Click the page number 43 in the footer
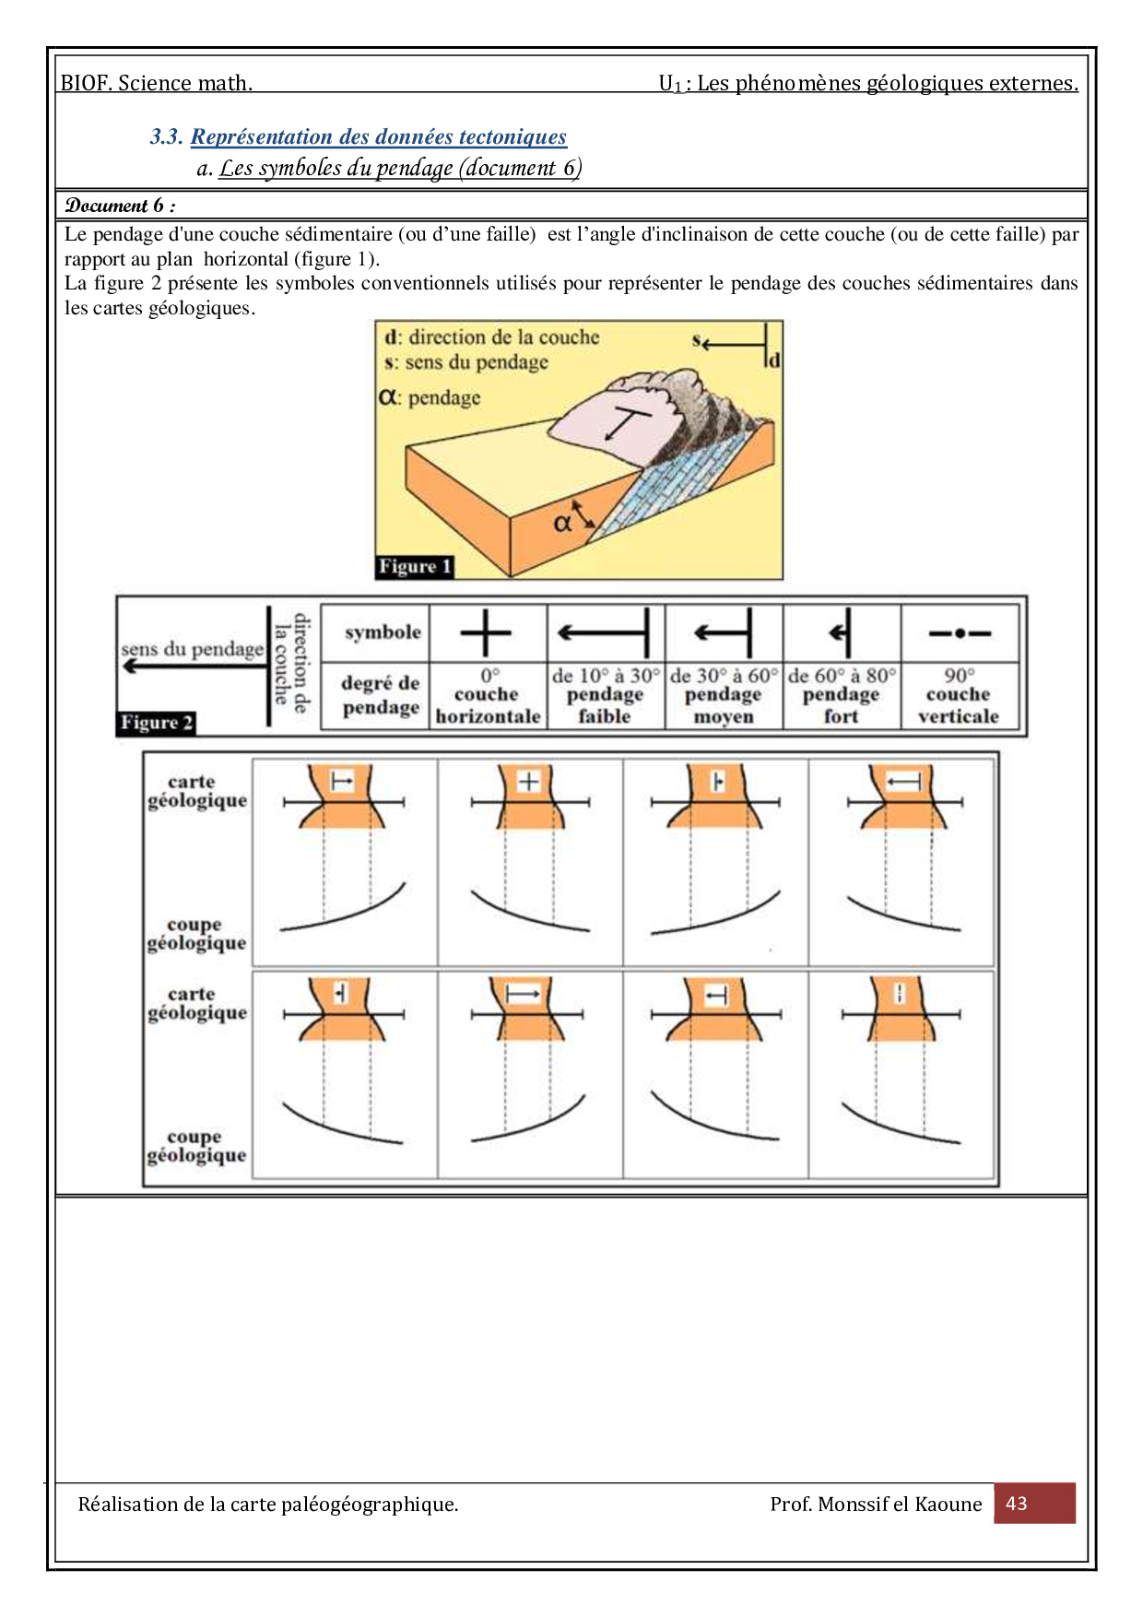coord(1016,1504)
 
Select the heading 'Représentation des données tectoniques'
coord(378,137)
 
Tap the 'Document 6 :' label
coord(120,206)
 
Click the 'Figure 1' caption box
coord(415,566)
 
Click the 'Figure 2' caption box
coord(157,723)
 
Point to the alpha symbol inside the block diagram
coord(562,524)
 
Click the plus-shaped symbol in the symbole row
coord(486,633)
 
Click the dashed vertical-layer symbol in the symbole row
coord(960,633)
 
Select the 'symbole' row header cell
coord(383,632)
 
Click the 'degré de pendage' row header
coord(380,695)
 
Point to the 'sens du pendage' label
coord(192,649)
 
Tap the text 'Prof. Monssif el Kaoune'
coord(876,1505)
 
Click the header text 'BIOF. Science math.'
coord(157,83)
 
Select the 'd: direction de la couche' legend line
coord(492,337)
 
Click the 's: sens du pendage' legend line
coord(466,362)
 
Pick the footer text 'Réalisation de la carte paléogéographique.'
coord(268,1505)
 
